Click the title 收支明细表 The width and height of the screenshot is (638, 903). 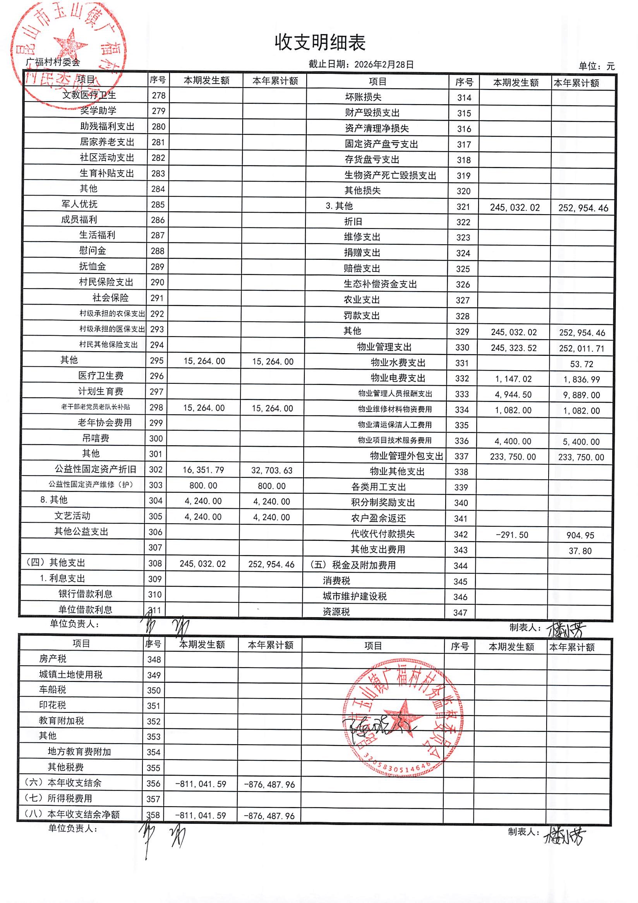pyautogui.click(x=320, y=43)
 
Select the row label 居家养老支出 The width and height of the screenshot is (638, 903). pyautogui.click(x=107, y=142)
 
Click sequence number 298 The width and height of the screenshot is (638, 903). pyautogui.click(x=156, y=407)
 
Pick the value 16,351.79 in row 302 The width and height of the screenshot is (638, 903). pyautogui.click(x=203, y=470)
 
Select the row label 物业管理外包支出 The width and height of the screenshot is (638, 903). pyautogui.click(x=406, y=456)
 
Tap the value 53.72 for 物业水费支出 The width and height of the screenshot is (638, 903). pyautogui.click(x=581, y=364)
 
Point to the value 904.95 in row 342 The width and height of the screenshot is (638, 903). pyautogui.click(x=580, y=535)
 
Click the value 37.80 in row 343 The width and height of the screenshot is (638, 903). pyautogui.click(x=580, y=551)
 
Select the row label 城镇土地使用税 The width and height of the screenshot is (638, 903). pyautogui.click(x=71, y=675)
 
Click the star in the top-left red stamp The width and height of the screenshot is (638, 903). pyautogui.click(x=71, y=47)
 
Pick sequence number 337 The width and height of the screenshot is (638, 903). pyautogui.click(x=461, y=456)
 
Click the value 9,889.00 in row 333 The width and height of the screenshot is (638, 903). pyautogui.click(x=581, y=395)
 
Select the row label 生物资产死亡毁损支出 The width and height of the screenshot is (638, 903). pyautogui.click(x=390, y=175)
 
